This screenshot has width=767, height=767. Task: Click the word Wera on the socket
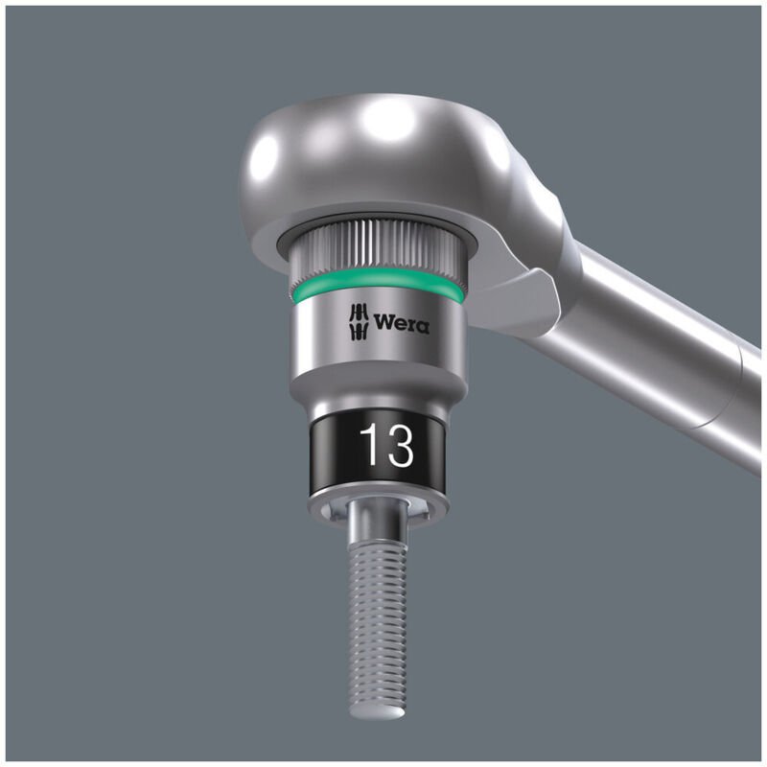[402, 323]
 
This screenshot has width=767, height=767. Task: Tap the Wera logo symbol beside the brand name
[356, 321]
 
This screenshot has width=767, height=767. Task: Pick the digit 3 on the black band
[399, 447]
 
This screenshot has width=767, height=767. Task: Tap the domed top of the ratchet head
[383, 144]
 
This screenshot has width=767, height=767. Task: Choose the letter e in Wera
[401, 325]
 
